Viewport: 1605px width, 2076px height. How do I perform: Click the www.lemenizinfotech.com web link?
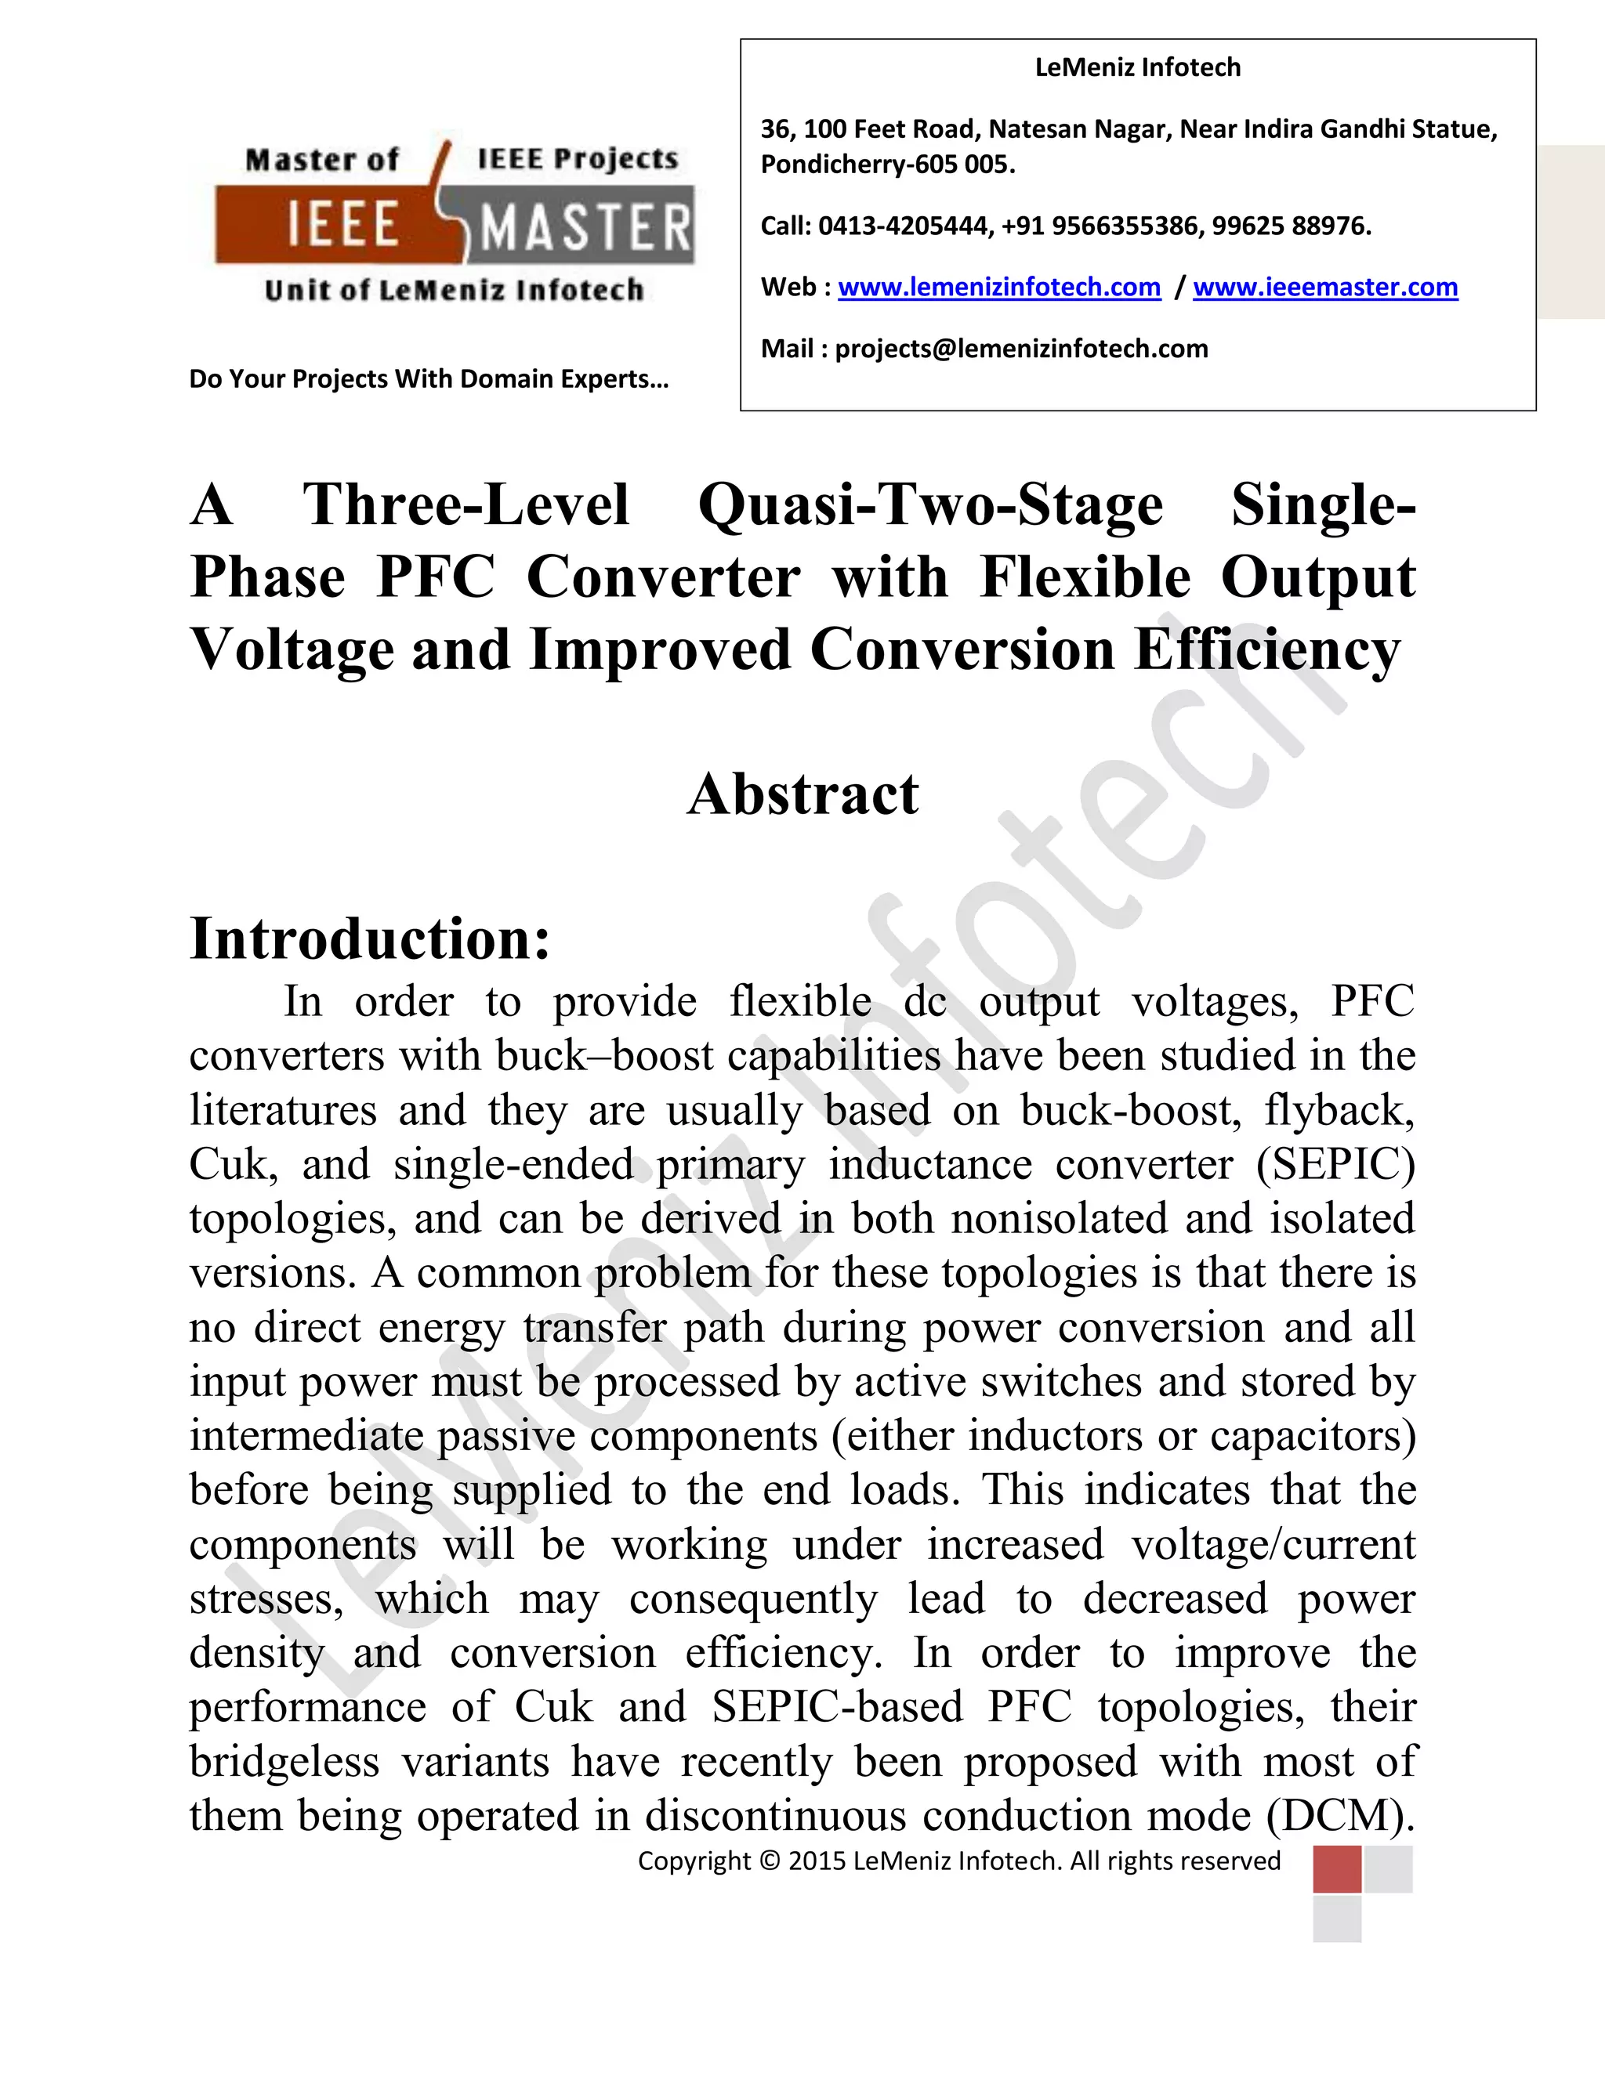pos(998,287)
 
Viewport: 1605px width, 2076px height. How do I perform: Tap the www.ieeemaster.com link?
pos(1324,287)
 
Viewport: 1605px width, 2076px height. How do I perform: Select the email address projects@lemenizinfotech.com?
pos(1021,349)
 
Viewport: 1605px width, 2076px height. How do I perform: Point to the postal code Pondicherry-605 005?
pos(887,165)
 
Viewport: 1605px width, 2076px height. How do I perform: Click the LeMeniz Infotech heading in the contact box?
pos(1137,67)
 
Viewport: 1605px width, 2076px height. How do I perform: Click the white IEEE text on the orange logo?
pos(342,226)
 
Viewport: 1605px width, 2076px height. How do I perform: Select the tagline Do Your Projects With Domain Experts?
pos(429,379)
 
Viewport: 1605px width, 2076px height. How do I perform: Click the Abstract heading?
pos(802,794)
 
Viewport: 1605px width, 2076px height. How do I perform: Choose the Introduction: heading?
pos(370,939)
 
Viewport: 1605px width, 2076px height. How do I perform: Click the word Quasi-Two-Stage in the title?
pos(930,504)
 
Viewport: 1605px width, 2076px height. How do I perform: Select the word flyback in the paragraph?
pos(1338,1110)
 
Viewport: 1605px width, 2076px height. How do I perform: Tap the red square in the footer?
pos(1337,1868)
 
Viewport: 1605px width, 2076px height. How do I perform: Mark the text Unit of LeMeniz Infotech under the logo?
pos(454,290)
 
